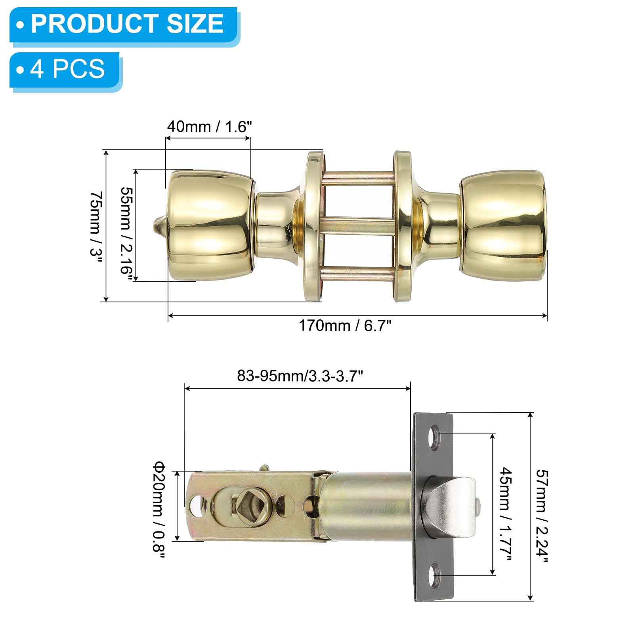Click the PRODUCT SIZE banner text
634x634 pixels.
pyautogui.click(x=127, y=24)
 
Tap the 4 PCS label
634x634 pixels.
pyautogui.click(x=67, y=69)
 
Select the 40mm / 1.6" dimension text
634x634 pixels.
pyautogui.click(x=209, y=127)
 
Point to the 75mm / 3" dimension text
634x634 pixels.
pyautogui.click(x=96, y=224)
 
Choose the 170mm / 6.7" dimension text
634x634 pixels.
pyautogui.click(x=345, y=326)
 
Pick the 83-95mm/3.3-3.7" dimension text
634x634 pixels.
pyautogui.click(x=300, y=376)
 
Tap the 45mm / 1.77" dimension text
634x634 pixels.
pyautogui.click(x=506, y=514)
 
